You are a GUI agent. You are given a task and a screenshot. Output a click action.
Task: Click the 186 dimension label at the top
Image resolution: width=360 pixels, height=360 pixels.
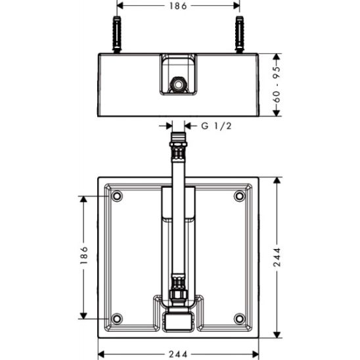178,6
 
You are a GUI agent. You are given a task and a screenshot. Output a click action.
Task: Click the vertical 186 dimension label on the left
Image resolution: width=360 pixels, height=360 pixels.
84,255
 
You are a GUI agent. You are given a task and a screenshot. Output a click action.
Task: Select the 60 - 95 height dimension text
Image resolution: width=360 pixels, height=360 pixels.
277,85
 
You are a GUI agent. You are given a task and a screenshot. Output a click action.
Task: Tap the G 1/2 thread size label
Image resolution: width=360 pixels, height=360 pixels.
216,126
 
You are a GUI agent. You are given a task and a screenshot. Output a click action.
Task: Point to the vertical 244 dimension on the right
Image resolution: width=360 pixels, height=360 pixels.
277,257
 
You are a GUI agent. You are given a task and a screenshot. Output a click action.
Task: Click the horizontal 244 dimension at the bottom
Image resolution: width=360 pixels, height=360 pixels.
178,354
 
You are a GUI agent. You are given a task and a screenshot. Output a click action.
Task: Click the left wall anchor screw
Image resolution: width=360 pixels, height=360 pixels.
117,34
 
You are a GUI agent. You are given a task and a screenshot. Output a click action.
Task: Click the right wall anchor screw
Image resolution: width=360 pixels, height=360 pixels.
240,34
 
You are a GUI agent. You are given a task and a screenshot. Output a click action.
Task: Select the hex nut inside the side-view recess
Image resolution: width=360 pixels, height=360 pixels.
178,85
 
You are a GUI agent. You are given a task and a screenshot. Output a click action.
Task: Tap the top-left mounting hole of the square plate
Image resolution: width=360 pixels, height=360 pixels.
117,196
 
